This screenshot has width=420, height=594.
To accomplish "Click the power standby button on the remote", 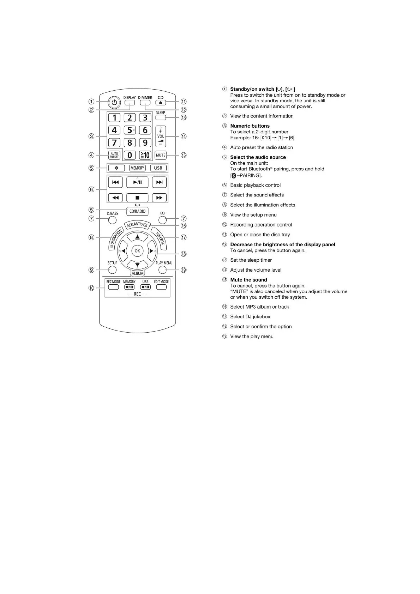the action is [114, 103].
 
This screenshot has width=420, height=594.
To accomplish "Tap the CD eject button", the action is [161, 103].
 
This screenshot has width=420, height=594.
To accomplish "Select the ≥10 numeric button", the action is [145, 155].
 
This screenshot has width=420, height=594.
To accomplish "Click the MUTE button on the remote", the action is [161, 155].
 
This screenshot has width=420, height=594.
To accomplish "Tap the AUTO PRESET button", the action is [114, 155].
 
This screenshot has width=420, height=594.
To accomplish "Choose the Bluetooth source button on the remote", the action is [116, 168].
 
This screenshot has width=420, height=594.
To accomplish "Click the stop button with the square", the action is [137, 198].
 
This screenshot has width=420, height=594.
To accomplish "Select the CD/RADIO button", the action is [137, 211].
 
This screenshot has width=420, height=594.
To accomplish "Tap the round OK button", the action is [137, 251].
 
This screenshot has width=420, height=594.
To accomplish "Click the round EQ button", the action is [162, 220].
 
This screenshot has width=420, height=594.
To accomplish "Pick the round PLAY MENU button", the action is [162, 270].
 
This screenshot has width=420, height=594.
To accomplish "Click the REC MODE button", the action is [114, 287].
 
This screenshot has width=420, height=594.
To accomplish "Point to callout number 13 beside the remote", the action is [184, 117].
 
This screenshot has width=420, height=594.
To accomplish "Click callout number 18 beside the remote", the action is [184, 254].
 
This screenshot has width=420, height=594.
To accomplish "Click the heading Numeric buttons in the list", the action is [250, 126].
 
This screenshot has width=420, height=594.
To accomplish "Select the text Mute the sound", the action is [248, 280].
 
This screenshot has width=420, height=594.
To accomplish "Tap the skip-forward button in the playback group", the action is [159, 182].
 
